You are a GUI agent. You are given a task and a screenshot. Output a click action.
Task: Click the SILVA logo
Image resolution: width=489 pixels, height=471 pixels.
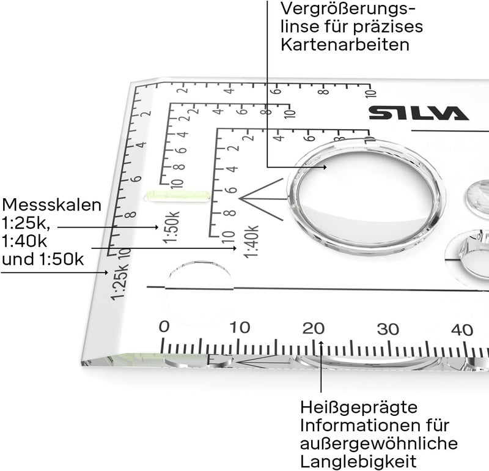pos(418,113)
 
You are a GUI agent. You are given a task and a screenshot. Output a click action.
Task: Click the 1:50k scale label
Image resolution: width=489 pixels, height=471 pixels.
pos(172,227)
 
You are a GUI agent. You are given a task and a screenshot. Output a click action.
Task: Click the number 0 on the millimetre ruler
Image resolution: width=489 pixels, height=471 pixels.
pos(164,327)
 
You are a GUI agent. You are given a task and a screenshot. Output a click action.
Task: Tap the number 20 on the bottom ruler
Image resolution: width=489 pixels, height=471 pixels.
pos(315,328)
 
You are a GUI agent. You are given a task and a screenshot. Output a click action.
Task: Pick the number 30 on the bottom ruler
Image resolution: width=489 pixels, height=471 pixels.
pos(388,329)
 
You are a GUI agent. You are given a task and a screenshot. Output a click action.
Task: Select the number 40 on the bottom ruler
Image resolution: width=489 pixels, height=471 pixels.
pos(462,330)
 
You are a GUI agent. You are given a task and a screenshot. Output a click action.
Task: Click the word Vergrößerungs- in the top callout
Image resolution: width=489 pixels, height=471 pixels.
pos(347,10)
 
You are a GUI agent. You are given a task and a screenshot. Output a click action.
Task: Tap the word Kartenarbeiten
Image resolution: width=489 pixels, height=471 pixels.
pos(345,45)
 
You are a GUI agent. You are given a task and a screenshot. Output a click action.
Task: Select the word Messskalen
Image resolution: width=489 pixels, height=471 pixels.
pos(51,204)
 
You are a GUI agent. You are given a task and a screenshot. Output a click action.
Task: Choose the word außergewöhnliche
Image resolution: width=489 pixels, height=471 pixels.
pos(378,443)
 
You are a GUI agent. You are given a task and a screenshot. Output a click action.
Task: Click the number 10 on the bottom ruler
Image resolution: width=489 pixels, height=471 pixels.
pos(240,327)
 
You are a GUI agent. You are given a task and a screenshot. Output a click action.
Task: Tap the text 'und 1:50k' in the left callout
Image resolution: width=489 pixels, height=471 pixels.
pos(43,259)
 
